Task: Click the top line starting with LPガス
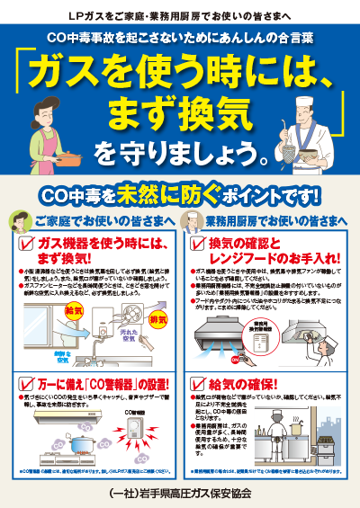pos(180,17)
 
